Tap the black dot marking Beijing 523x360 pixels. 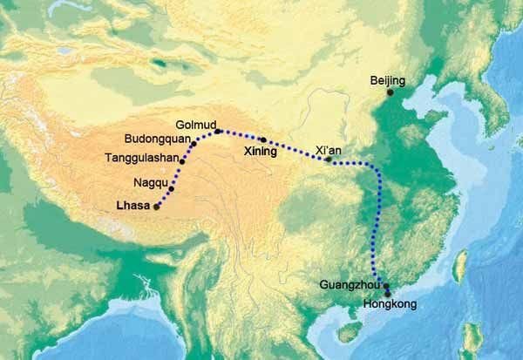click(391, 92)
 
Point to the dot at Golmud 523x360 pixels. click(217, 132)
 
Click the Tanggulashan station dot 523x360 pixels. click(181, 162)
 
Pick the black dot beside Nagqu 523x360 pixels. click(171, 189)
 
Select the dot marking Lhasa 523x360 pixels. click(157, 207)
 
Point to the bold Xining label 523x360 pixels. click(260, 152)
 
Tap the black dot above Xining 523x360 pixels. click(261, 139)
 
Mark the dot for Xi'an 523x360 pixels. click(328, 160)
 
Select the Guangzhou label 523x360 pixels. click(350, 285)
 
